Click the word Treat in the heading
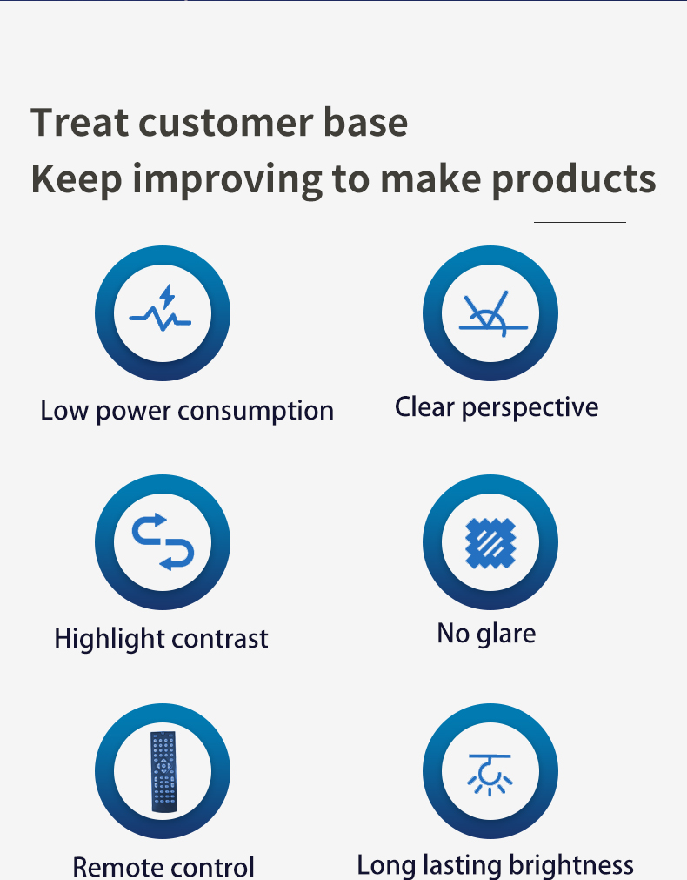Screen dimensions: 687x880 point(79,122)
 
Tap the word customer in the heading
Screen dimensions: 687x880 point(226,123)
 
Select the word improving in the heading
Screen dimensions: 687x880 point(227,179)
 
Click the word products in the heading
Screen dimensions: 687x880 point(574,178)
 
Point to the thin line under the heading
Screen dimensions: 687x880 point(580,222)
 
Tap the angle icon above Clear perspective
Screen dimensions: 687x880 point(493,313)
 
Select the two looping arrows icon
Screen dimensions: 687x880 point(163,541)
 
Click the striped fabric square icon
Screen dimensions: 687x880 point(490,542)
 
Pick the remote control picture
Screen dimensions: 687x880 point(163,771)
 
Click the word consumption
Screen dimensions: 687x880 point(256,412)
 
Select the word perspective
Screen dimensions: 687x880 point(530,408)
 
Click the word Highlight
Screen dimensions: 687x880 point(109,639)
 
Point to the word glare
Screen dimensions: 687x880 point(506,635)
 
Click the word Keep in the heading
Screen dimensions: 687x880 point(77,179)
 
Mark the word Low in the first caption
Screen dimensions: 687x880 point(64,411)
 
